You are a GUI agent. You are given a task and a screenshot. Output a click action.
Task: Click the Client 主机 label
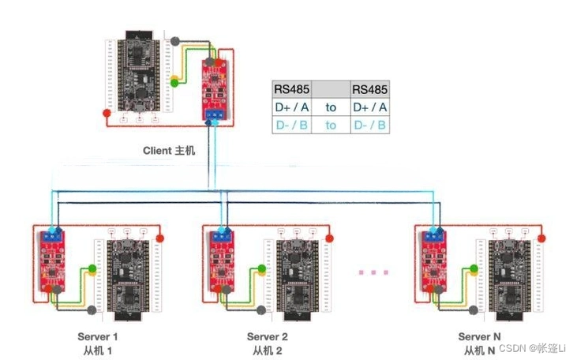click(x=169, y=150)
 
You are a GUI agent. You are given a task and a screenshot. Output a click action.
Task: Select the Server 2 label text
click(x=268, y=336)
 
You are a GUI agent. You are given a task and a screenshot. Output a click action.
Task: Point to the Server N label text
click(x=479, y=336)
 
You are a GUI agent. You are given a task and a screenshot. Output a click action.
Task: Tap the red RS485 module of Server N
click(x=433, y=260)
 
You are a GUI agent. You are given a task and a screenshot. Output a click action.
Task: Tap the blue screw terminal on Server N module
click(x=432, y=234)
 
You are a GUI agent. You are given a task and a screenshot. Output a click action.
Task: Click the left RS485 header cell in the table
click(x=291, y=88)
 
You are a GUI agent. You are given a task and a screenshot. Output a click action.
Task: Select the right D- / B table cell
click(x=369, y=125)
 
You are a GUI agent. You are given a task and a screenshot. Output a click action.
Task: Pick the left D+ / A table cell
click(x=291, y=107)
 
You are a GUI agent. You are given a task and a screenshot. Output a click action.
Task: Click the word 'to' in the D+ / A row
click(x=331, y=107)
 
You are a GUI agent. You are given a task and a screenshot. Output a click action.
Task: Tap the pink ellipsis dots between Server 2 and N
click(x=374, y=272)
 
